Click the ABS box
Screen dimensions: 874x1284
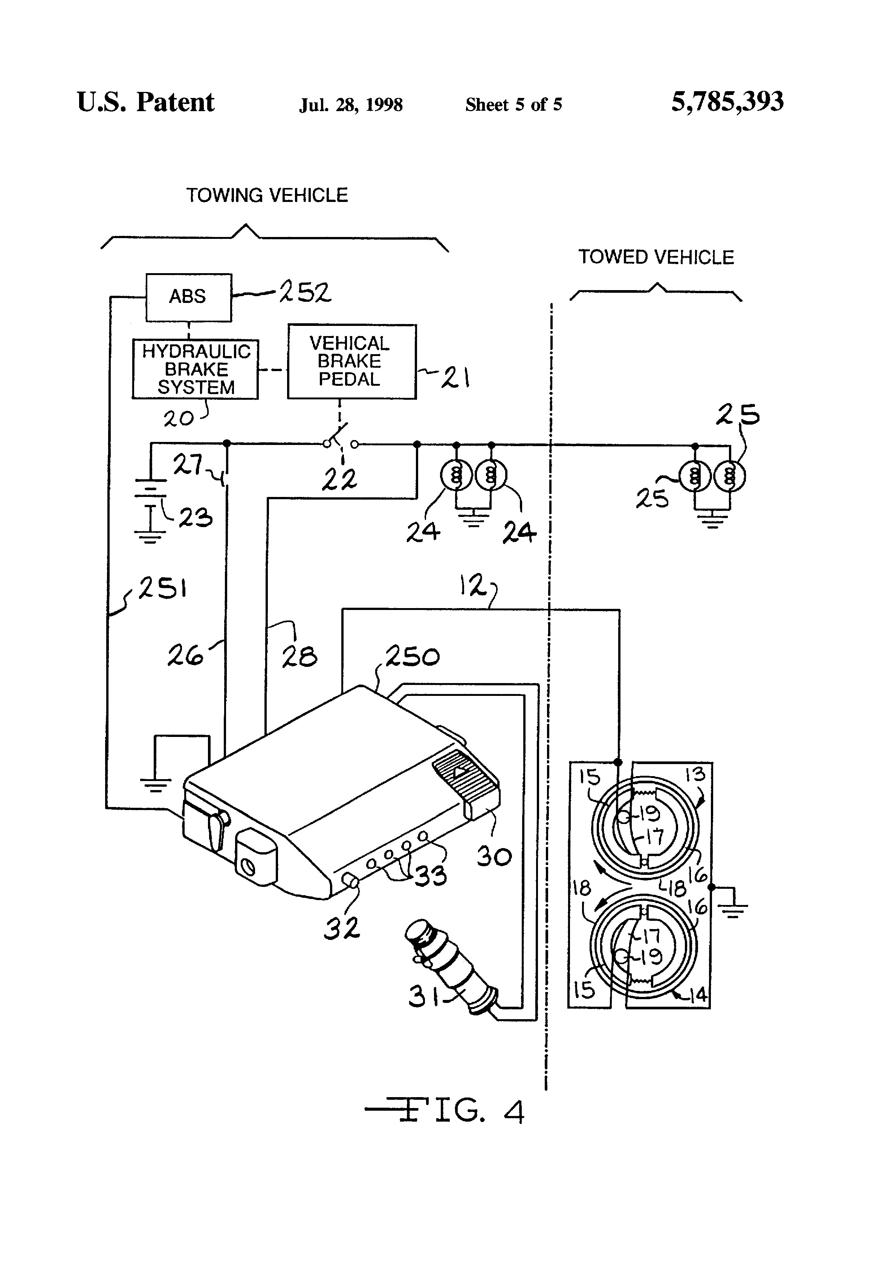(x=188, y=297)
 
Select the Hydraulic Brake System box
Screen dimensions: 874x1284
(x=195, y=369)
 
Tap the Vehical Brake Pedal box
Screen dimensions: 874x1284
(x=352, y=361)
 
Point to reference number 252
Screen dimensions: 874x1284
(x=305, y=292)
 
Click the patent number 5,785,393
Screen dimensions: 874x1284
(x=727, y=102)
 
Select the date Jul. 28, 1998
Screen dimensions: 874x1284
(x=351, y=104)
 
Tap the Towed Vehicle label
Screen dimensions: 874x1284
(x=656, y=257)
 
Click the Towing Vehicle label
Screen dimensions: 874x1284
(x=267, y=195)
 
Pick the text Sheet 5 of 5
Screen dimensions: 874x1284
(x=514, y=104)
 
